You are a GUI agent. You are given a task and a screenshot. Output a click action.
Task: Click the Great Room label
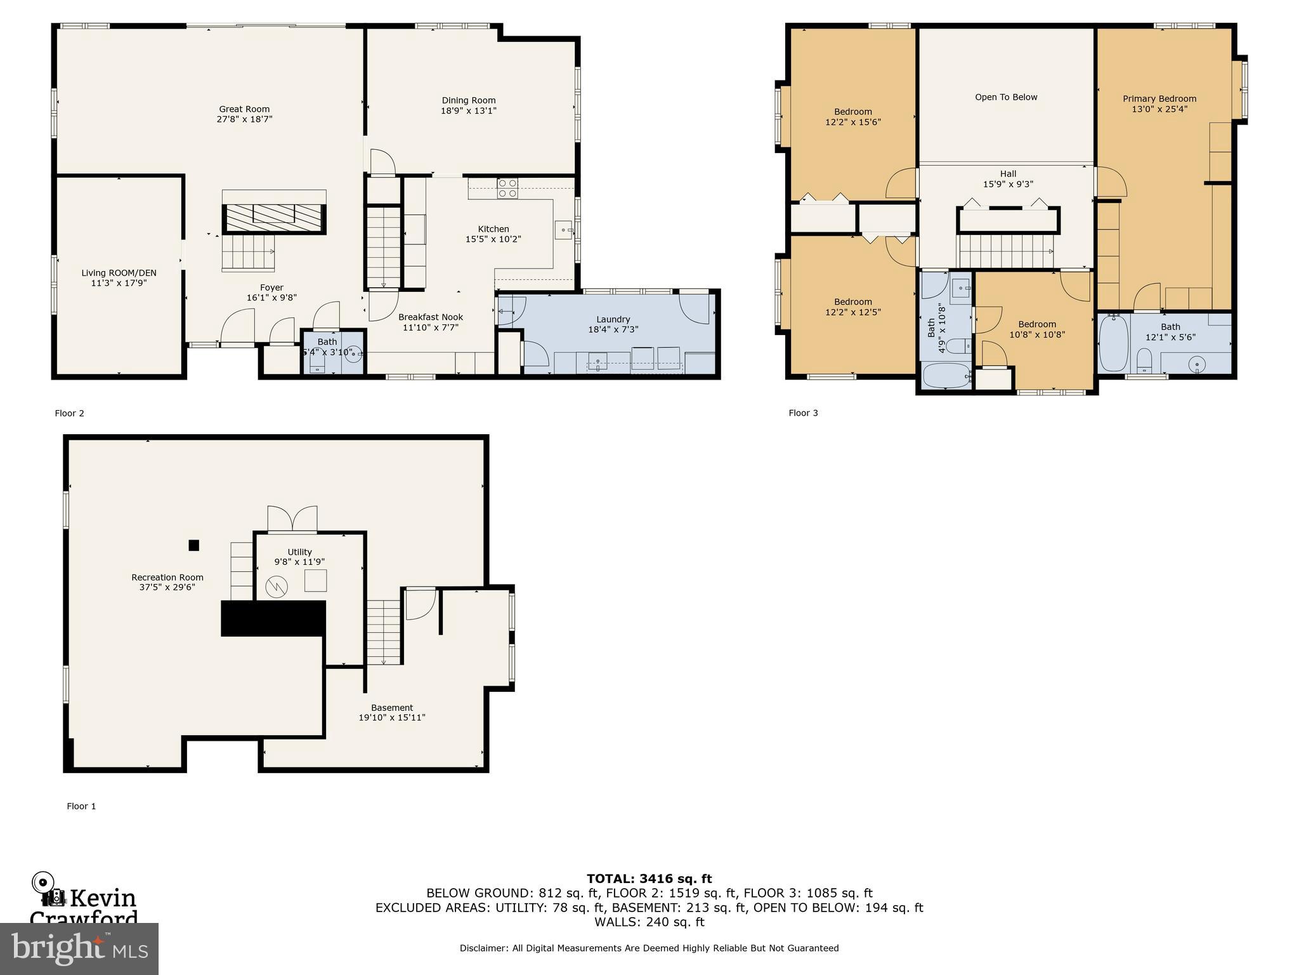click(x=244, y=109)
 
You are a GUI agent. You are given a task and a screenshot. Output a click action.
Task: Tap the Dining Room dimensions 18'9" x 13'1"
click(x=468, y=111)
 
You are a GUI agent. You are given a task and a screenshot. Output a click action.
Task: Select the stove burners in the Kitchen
click(x=507, y=189)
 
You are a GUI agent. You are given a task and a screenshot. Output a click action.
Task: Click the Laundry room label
click(x=613, y=319)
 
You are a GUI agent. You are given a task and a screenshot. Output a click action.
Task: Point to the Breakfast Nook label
click(x=430, y=317)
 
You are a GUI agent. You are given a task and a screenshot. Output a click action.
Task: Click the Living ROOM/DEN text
click(x=119, y=273)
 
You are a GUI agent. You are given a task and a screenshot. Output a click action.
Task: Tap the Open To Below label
click(x=1006, y=97)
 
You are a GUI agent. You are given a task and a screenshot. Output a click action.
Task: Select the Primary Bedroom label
click(x=1159, y=98)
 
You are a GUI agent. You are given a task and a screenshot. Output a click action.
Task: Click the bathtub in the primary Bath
click(x=1113, y=343)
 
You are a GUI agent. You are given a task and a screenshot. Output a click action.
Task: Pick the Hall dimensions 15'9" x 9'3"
click(x=1008, y=184)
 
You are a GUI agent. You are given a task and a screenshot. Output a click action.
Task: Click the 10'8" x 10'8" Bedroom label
click(x=1037, y=324)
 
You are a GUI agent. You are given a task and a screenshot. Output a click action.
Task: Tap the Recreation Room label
click(x=167, y=577)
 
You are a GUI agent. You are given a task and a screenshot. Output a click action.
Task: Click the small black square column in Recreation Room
click(x=194, y=545)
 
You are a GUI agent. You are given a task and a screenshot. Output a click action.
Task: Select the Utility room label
click(x=299, y=552)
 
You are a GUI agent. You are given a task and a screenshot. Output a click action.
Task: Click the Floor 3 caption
click(x=803, y=413)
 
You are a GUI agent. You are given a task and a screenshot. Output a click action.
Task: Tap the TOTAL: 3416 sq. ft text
click(x=649, y=879)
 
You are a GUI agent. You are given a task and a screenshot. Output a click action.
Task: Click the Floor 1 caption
click(x=81, y=806)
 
